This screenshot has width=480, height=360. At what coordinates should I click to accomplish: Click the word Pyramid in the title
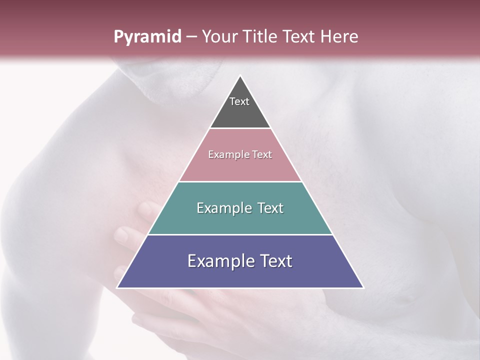pos(147,37)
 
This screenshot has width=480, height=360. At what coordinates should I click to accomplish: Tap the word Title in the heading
pos(262,37)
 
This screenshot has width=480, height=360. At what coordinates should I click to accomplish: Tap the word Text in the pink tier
pos(262,155)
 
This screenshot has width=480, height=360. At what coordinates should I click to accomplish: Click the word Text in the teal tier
pos(270,208)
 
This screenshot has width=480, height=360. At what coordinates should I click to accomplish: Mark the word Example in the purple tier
pos(220,261)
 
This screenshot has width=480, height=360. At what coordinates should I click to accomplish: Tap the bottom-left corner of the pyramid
pos(117,288)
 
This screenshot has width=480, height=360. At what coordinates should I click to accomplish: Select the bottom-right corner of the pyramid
pos(363,288)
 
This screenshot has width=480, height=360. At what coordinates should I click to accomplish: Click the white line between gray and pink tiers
pos(240,128)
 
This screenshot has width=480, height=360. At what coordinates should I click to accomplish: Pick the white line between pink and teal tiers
pos(240,181)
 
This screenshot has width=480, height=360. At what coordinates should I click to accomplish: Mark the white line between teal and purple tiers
pos(240,234)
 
